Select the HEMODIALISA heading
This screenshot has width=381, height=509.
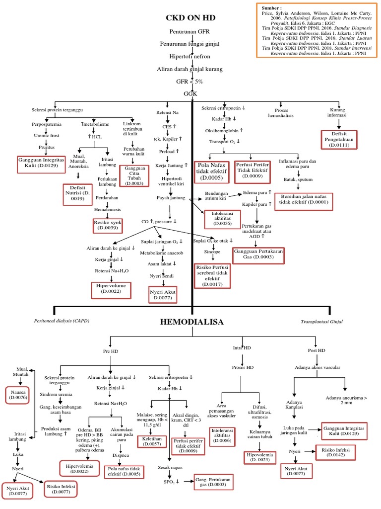click(x=191, y=322)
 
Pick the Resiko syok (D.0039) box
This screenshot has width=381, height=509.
click(x=107, y=225)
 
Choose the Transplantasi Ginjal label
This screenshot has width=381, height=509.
click(x=321, y=322)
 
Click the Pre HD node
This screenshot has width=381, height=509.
click(x=111, y=351)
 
